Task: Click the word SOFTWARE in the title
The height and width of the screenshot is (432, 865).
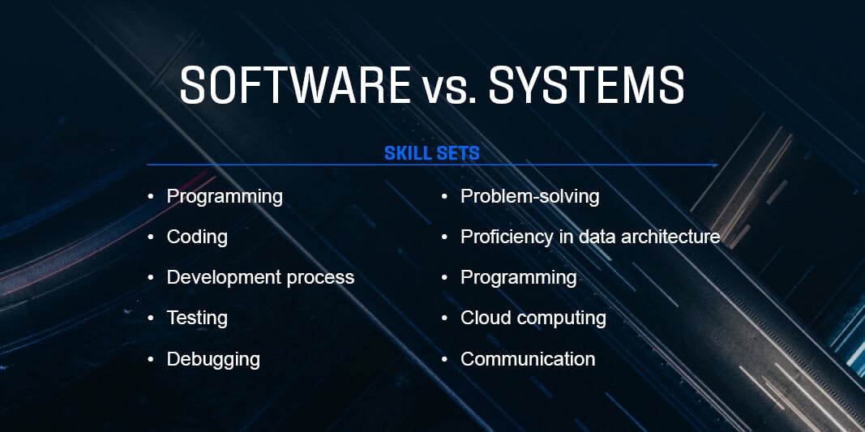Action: [x=295, y=85]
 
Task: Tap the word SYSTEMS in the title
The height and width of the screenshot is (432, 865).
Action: [x=586, y=85]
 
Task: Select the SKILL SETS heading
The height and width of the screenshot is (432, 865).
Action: [x=432, y=153]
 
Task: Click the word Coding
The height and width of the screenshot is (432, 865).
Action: [x=197, y=237]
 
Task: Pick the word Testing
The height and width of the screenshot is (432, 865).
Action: [x=197, y=319]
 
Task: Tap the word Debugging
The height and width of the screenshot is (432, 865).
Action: [x=213, y=359]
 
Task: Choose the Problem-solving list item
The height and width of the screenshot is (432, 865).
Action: [x=529, y=196]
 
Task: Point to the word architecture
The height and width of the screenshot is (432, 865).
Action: [x=670, y=237]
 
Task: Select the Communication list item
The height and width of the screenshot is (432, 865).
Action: [x=528, y=359]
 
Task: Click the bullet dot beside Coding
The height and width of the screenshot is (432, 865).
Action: [x=151, y=237]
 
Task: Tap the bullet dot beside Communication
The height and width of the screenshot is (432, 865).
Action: [x=444, y=359]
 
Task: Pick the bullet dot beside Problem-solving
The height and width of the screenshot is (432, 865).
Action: [x=444, y=196]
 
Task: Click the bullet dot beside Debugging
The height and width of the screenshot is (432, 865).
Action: [x=151, y=359]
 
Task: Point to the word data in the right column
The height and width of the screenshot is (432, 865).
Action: [x=597, y=237]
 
